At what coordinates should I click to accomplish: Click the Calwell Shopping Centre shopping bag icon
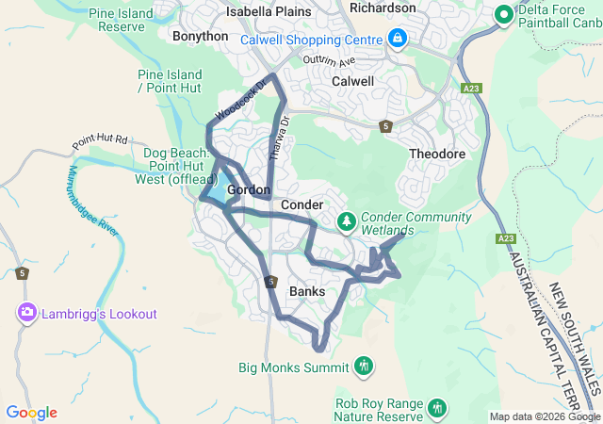398,39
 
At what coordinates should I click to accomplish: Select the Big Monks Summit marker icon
364,366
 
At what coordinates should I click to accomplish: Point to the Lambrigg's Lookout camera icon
25,313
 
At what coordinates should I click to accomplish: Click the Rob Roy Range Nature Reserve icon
435,408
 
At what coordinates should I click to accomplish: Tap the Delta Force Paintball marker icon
503,14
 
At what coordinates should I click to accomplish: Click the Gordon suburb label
249,189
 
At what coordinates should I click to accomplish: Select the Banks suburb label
307,291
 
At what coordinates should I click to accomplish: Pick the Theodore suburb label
437,154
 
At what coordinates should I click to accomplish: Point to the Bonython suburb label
200,36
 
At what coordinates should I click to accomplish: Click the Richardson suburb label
382,8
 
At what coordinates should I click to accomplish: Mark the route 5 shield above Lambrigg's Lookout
22,273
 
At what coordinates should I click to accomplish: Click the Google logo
32,413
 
